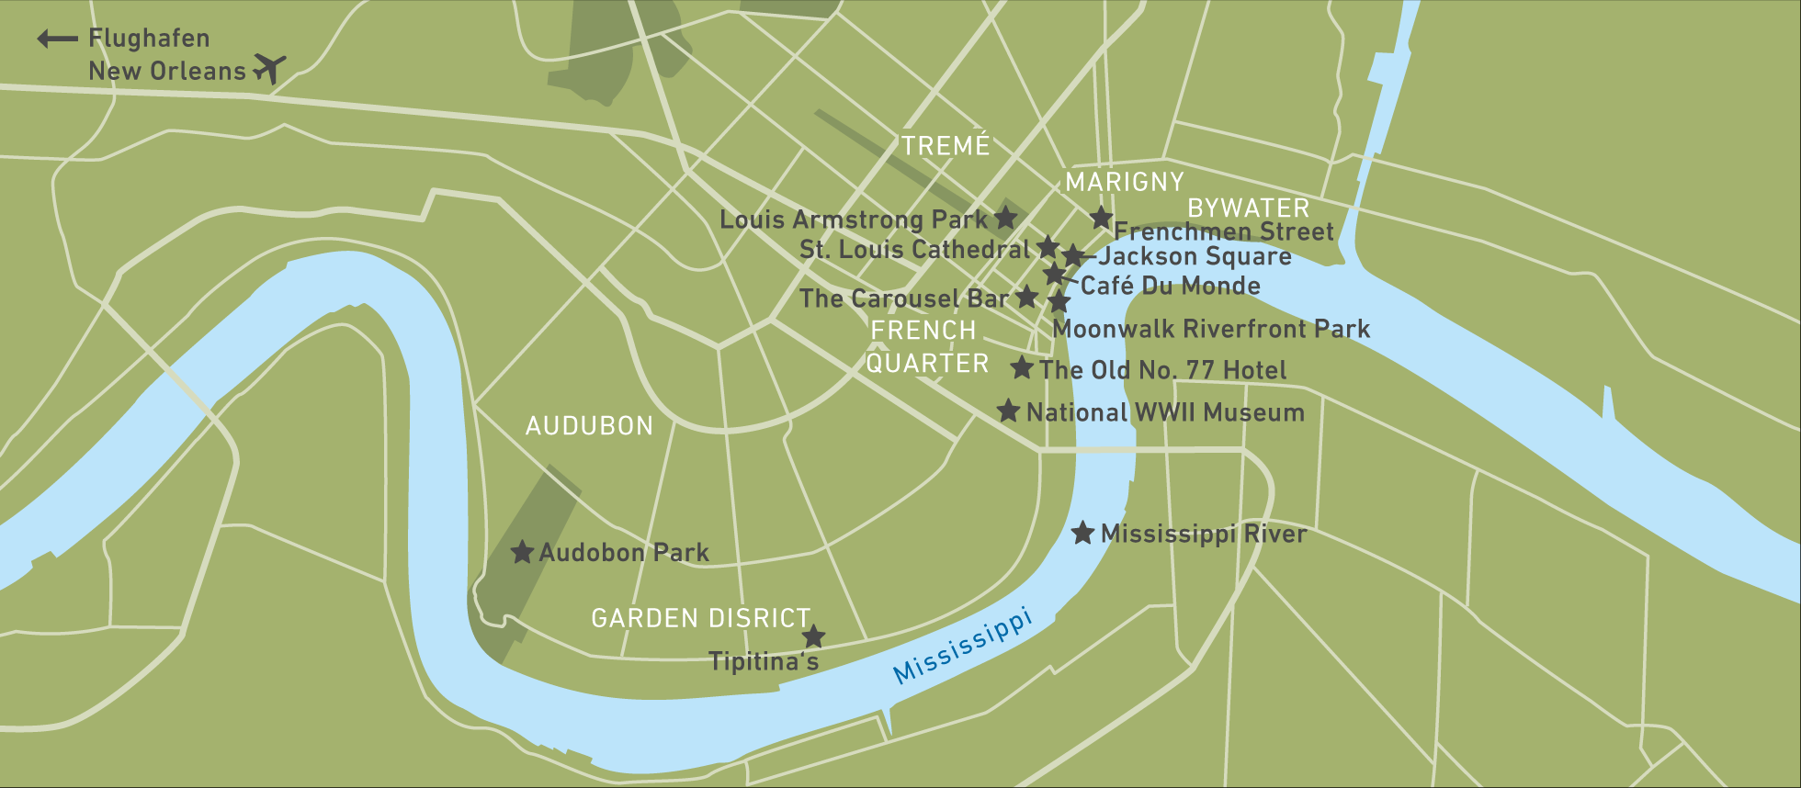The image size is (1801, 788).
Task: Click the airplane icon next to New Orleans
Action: [x=270, y=68]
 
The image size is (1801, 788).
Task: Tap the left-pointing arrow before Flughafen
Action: [x=57, y=39]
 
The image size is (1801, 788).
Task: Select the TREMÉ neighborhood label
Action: [x=945, y=145]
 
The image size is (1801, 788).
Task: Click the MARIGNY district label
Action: [x=1125, y=182]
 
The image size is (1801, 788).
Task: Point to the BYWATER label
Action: [x=1248, y=208]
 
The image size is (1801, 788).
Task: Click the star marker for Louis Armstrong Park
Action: [x=1006, y=218]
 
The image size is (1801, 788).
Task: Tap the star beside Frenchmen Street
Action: [x=1101, y=218]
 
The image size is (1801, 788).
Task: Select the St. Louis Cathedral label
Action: [x=914, y=250]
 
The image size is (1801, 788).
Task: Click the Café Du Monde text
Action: [x=1170, y=286]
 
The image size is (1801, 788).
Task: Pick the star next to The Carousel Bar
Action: [x=1027, y=297]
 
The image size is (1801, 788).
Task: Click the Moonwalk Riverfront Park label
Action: [x=1211, y=329]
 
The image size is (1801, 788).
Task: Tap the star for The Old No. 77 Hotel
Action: [x=1022, y=368]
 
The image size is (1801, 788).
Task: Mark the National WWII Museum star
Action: [x=1008, y=411]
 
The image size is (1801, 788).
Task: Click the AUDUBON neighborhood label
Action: [x=589, y=426]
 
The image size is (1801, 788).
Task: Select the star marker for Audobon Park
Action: [x=522, y=552]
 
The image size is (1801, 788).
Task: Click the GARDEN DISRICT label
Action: [x=700, y=618]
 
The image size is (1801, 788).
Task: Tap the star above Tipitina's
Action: [x=813, y=636]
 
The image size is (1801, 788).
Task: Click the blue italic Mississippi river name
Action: [x=963, y=647]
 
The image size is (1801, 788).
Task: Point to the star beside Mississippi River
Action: [x=1082, y=533]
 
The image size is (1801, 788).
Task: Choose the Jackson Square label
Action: [x=1195, y=256]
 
